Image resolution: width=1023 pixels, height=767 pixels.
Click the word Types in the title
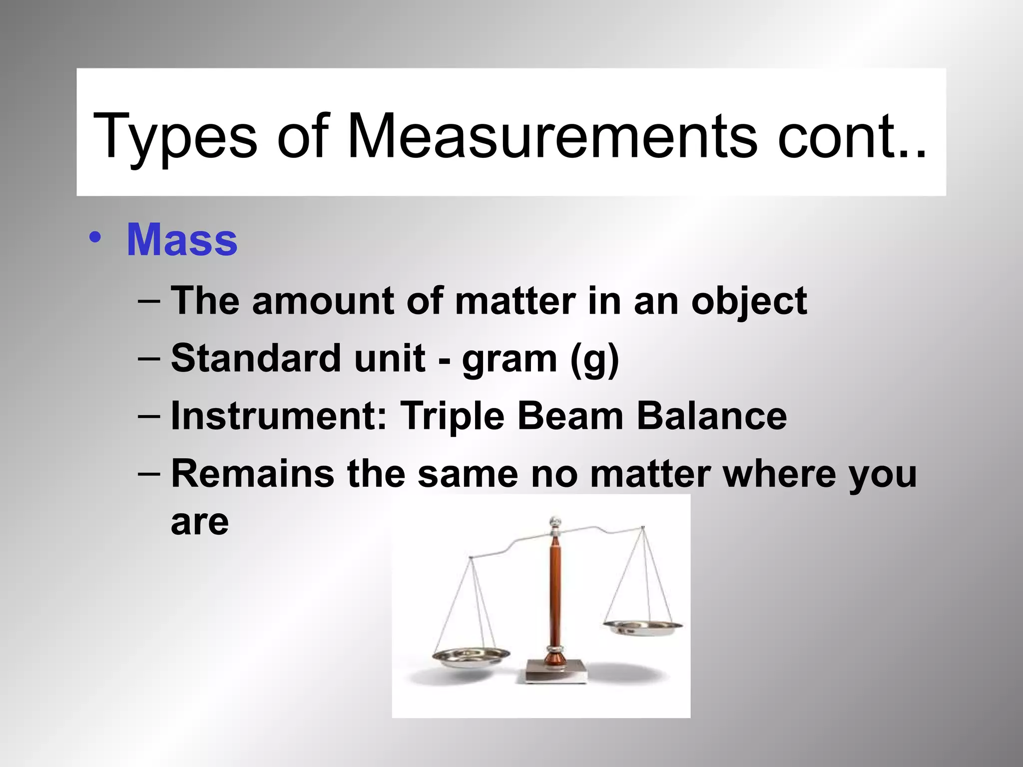pyautogui.click(x=175, y=137)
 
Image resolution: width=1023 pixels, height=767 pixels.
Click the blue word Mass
pyautogui.click(x=182, y=240)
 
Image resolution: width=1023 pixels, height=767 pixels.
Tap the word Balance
pyautogui.click(x=711, y=416)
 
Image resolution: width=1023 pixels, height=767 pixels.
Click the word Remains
pyautogui.click(x=252, y=473)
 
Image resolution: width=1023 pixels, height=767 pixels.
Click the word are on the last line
pyautogui.click(x=200, y=522)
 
